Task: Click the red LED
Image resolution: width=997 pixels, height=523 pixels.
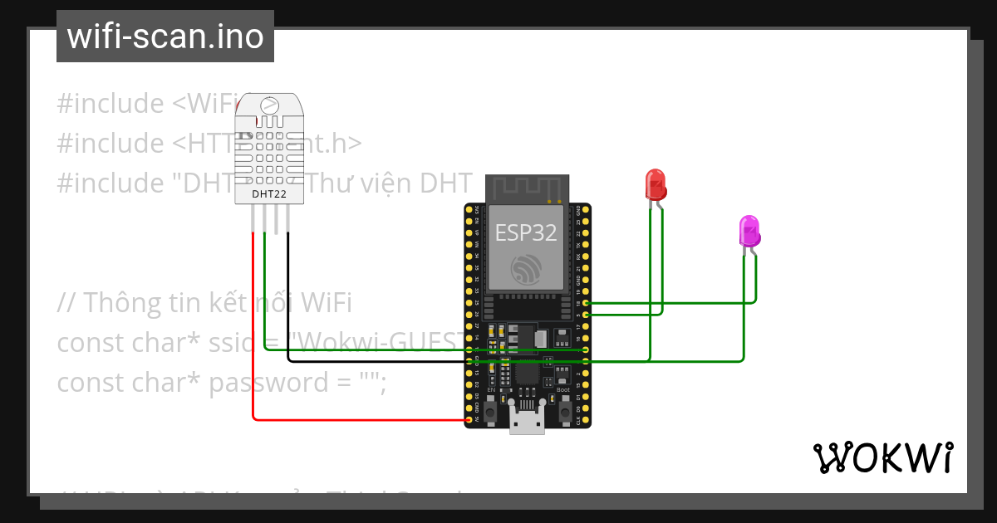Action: [656, 184]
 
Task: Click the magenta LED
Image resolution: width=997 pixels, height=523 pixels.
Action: [749, 231]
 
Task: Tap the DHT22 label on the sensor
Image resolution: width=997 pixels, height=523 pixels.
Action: [270, 195]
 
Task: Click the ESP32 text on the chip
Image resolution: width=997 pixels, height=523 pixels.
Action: [526, 232]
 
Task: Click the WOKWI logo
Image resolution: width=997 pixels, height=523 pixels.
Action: [882, 457]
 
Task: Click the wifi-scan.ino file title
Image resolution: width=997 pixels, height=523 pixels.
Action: [165, 37]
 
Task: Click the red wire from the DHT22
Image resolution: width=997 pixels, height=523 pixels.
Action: [253, 332]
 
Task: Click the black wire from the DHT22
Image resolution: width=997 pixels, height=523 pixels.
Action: [287, 299]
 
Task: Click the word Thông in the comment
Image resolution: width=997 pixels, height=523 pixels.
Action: [125, 303]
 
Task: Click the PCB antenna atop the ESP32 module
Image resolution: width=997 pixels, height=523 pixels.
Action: [527, 188]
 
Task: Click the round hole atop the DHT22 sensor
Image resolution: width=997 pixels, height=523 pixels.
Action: [269, 106]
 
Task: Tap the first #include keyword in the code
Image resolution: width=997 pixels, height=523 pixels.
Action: [111, 104]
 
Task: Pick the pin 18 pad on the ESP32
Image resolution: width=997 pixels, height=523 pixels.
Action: [587, 304]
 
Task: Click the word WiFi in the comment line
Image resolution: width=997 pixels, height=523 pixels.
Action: [327, 303]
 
